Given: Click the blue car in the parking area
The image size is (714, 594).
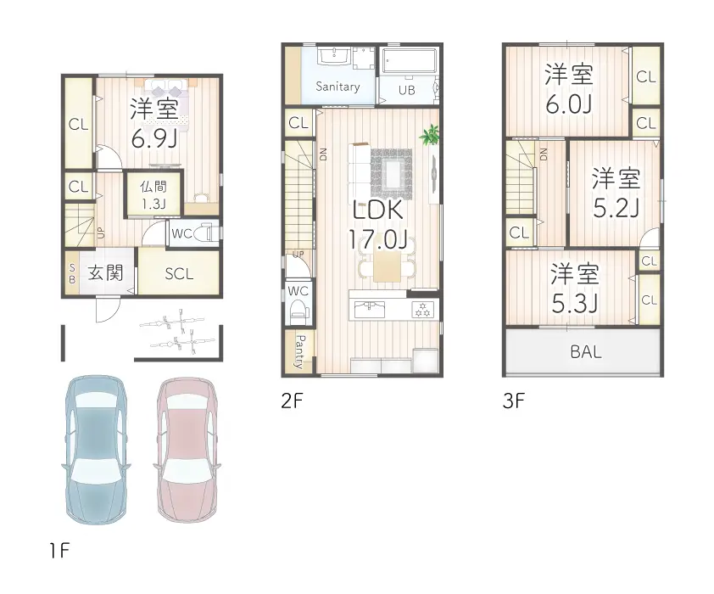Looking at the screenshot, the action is coord(96,450).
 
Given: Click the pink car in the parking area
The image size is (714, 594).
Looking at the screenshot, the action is coord(187,449).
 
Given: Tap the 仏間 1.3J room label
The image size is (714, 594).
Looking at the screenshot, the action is coord(153,195).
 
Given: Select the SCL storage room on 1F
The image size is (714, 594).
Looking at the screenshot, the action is coord(180,273).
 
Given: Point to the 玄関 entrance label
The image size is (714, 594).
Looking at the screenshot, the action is coord(106,273).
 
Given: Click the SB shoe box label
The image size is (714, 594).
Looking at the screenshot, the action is coord(72,273).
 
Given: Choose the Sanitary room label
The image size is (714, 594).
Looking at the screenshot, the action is coord(337,86).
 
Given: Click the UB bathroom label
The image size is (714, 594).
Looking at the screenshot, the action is coord(407,90).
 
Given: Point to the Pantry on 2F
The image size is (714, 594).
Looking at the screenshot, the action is coord(298,351).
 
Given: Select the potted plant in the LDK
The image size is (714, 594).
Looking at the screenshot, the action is coord(429,135).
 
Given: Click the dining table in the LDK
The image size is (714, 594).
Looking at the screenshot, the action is coord(387,266).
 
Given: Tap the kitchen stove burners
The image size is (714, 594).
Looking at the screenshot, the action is coord(422,310).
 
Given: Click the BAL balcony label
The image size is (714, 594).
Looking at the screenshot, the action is coord(586,351).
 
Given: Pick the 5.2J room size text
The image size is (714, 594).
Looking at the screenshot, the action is coord(616,208).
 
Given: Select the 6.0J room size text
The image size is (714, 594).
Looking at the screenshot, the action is coord(568,104).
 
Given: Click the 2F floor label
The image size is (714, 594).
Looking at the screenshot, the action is coord(292,401).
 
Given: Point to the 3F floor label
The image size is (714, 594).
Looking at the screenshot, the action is coord(514,401).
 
